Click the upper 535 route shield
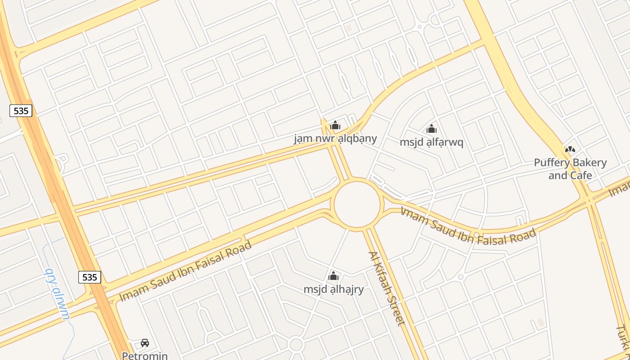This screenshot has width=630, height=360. [21, 111]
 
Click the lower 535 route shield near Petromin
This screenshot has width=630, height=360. [90, 277]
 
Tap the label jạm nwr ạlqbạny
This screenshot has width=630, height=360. [335, 138]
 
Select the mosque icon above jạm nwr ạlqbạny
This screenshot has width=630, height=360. [335, 125]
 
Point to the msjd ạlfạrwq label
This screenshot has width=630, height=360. [432, 142]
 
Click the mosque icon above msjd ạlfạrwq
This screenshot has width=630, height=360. [432, 129]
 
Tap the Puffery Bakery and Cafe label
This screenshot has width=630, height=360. [570, 169]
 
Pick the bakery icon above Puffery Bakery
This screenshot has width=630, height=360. [570, 149]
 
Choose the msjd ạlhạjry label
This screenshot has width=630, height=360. [333, 289]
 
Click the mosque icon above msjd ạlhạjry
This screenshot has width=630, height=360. [333, 276]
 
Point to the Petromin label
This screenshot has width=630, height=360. [145, 355]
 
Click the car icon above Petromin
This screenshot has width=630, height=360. [145, 343]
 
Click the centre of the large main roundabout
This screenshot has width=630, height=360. [357, 205]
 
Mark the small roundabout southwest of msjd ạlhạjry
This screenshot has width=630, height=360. [296, 345]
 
